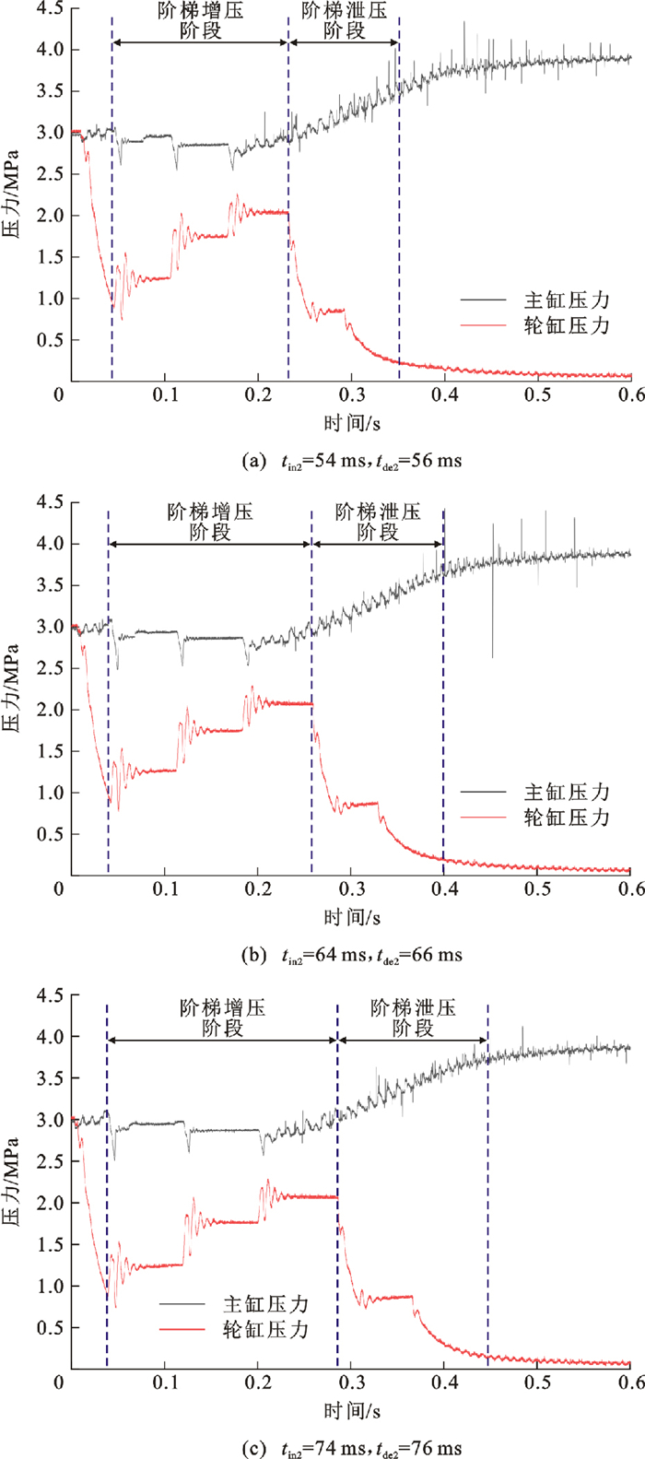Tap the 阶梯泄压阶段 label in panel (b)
(378, 522)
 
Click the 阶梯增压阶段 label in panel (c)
(222, 1017)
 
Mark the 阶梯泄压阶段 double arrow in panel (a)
(345, 43)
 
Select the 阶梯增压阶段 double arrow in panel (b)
(210, 545)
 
